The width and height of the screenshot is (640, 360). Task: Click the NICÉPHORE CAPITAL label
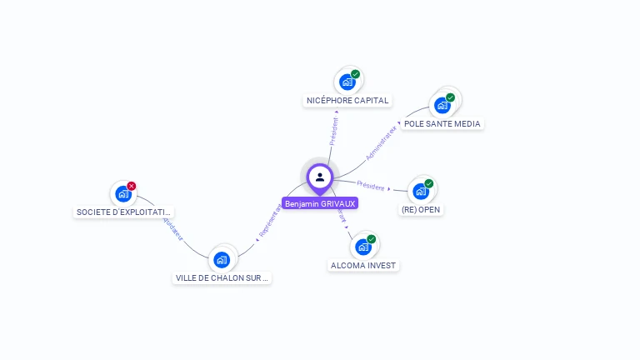pos(347,101)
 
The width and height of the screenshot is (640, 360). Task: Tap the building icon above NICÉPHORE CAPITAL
pos(347,82)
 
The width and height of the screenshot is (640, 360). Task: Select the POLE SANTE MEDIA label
pos(442,124)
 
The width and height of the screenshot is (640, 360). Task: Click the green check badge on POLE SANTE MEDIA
pos(450,97)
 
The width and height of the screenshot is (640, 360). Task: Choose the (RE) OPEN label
pos(421,210)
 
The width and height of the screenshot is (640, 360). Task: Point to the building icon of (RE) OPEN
pos(420,192)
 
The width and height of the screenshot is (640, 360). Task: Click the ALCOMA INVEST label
pos(363,266)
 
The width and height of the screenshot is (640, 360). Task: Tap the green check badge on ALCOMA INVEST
pos(372,239)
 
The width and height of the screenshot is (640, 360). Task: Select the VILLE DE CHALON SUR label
pos(222,278)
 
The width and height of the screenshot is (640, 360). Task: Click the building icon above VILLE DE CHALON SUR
pos(222,259)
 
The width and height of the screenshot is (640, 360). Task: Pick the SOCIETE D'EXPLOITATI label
pos(124,212)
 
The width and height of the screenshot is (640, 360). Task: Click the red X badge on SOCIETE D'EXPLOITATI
pos(132,186)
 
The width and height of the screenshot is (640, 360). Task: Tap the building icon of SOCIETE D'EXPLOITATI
pos(123,195)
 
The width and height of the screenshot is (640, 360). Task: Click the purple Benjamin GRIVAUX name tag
pos(319,203)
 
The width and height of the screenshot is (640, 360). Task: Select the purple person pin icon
pos(319,177)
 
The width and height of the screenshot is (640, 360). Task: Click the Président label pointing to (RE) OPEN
pos(371,185)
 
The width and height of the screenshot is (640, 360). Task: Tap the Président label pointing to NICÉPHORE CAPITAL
pos(334,132)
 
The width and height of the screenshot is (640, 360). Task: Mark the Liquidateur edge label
pos(170,227)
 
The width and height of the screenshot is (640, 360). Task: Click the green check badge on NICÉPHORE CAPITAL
pos(356,74)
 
